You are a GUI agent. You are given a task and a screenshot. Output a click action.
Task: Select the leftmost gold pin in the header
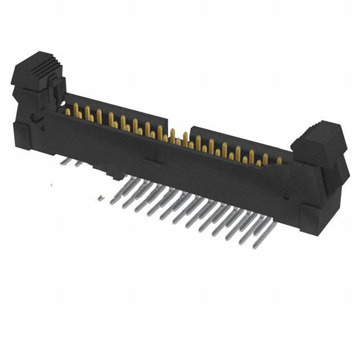click(x=68, y=111)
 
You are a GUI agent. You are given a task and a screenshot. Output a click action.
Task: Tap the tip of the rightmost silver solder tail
click(x=241, y=242)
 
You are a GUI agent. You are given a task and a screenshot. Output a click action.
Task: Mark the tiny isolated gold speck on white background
click(x=100, y=197)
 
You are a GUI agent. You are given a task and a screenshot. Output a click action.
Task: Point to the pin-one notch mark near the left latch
click(x=35, y=119)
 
